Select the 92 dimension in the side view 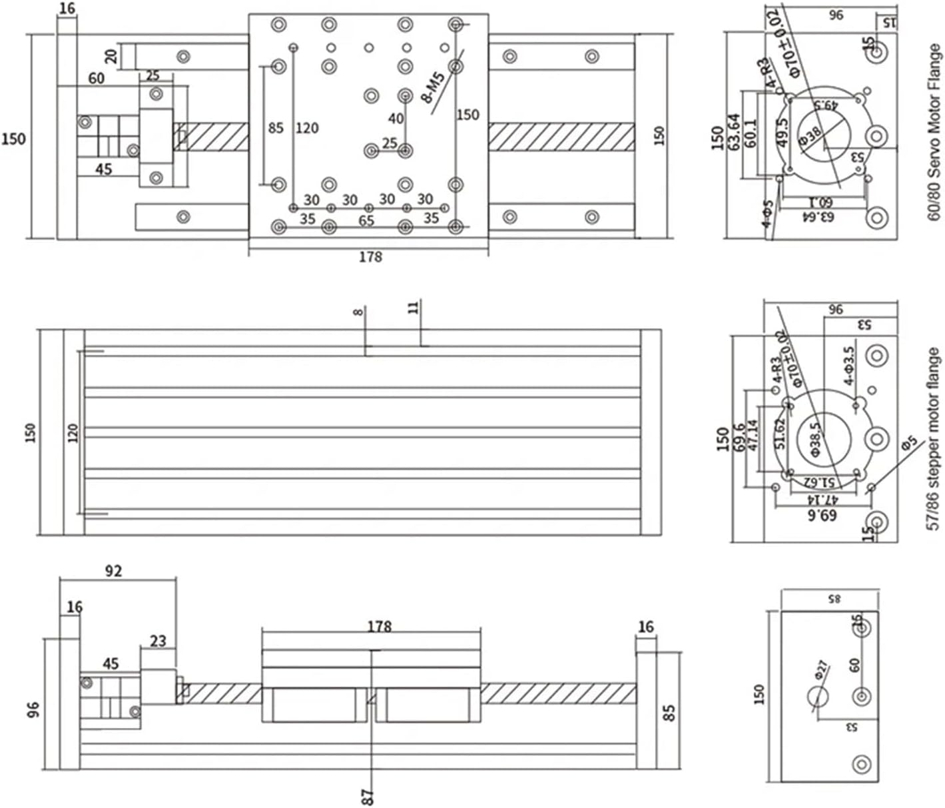(114, 571)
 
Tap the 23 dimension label (158, 641)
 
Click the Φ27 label (820, 669)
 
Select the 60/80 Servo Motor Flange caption (934, 133)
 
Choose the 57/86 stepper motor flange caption (934, 440)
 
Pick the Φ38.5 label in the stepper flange (815, 440)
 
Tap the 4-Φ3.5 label (848, 365)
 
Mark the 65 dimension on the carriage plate (366, 220)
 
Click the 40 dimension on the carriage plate (396, 119)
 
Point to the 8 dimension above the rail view (359, 311)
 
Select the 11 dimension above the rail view (414, 307)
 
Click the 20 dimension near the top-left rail (111, 55)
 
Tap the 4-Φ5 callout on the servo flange (768, 214)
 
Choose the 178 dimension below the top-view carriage (370, 256)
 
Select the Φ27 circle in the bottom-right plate (818, 697)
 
